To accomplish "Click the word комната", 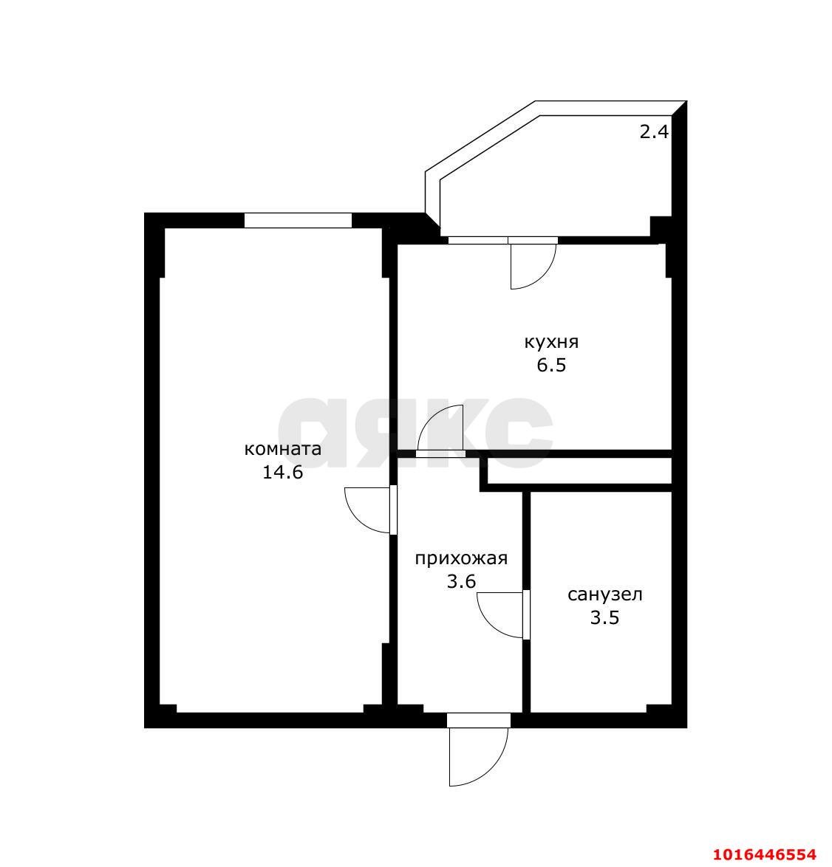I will coord(282,449).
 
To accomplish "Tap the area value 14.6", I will coord(282,472).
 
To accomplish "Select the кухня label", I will coord(550,342).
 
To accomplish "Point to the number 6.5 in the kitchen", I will coord(550,365).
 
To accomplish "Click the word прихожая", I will coord(460,558).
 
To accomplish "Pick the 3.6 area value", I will coord(460,581).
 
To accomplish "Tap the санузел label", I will coord(604,594).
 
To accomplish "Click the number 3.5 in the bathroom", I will coord(604,617).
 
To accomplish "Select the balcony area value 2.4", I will coord(653,132).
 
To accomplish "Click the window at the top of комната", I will coord(298,220).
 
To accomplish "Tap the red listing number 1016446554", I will coord(765,854).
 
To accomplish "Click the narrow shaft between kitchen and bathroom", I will coord(579,471).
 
